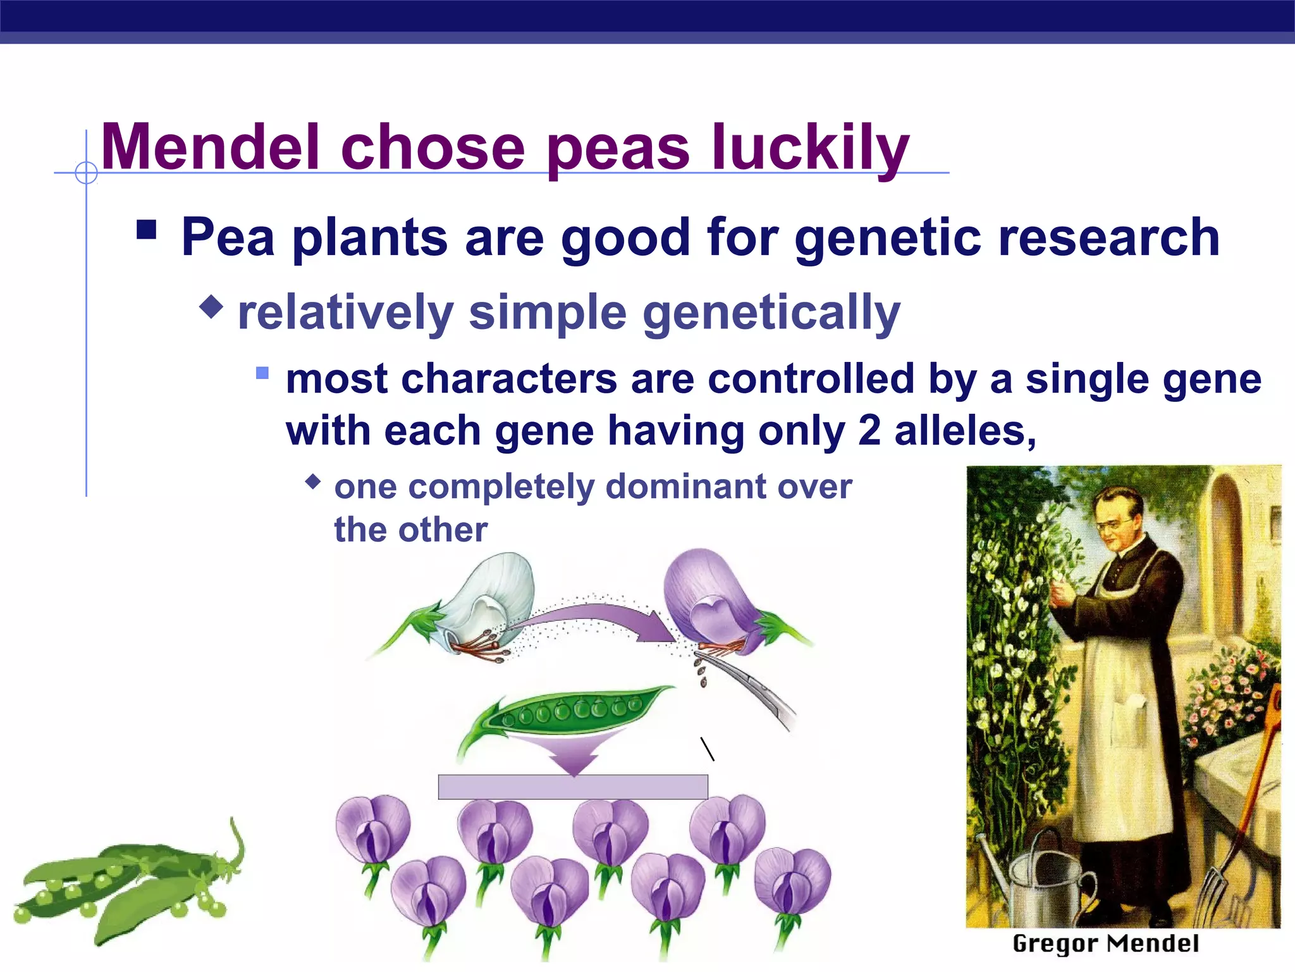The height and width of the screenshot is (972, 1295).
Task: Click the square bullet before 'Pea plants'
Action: [146, 229]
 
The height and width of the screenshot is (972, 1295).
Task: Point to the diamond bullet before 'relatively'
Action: [211, 308]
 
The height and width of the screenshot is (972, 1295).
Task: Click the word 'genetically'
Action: [771, 313]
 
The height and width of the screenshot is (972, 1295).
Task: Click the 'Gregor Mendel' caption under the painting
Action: [1105, 944]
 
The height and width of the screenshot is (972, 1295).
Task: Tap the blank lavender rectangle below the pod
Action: [572, 787]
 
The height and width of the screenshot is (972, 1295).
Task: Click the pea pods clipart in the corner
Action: [126, 886]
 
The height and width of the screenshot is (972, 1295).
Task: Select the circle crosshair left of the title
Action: [86, 172]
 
